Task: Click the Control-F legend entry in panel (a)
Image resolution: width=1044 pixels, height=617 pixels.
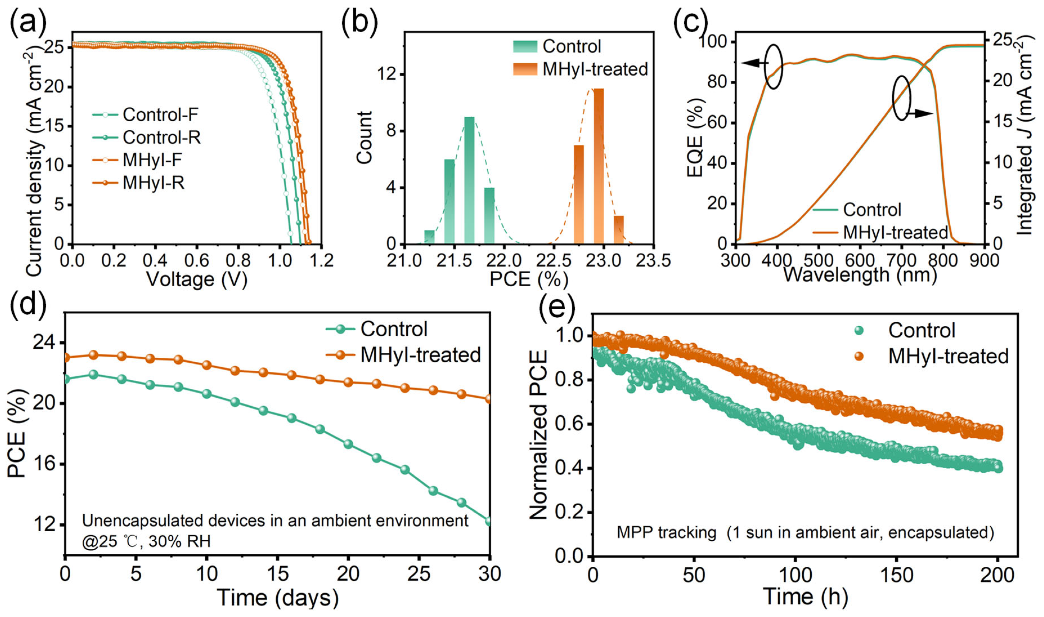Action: click(145, 114)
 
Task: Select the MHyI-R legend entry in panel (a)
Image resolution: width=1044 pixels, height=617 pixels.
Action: click(138, 183)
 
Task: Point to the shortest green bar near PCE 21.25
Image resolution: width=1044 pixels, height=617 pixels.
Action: click(429, 237)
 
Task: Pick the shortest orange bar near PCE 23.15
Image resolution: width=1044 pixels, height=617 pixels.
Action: click(619, 230)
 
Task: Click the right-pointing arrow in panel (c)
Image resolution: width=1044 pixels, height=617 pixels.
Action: click(920, 113)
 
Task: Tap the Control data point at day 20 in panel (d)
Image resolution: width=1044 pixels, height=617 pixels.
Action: click(348, 444)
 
